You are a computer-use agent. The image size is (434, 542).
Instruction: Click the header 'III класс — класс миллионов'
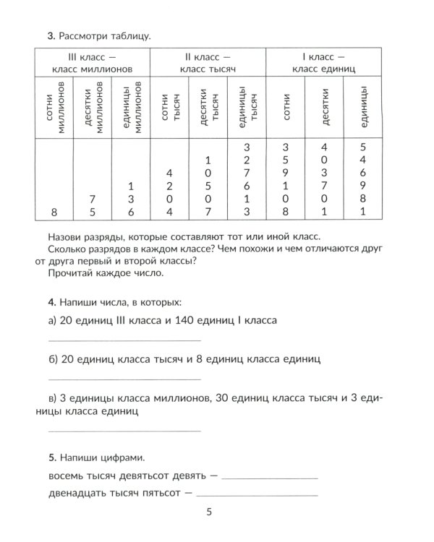pos(91,62)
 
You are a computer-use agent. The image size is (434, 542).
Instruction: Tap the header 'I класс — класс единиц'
pos(323,62)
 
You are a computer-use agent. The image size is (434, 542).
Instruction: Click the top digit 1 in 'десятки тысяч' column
pos(208,160)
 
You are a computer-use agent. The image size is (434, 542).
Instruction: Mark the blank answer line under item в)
pos(124,431)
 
